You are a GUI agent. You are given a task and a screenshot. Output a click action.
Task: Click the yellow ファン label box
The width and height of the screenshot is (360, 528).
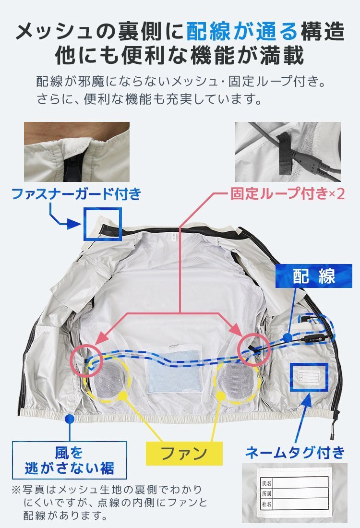tap(184, 453)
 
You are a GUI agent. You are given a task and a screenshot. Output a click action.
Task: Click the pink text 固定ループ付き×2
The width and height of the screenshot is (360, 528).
tap(288, 194)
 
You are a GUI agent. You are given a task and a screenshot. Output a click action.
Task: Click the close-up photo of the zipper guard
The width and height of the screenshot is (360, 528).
tap(77, 152)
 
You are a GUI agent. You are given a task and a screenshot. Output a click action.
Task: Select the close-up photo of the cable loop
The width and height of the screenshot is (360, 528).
tap(288, 152)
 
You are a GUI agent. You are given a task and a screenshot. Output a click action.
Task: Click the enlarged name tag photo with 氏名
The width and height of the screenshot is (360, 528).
tap(294, 492)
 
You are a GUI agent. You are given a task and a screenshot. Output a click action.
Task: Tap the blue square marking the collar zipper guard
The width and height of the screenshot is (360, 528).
tap(102, 224)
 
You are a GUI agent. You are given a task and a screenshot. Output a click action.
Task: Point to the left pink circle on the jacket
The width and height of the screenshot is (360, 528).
tap(87, 360)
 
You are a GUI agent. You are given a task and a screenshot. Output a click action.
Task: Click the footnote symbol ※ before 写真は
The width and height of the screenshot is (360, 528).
tap(16, 491)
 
